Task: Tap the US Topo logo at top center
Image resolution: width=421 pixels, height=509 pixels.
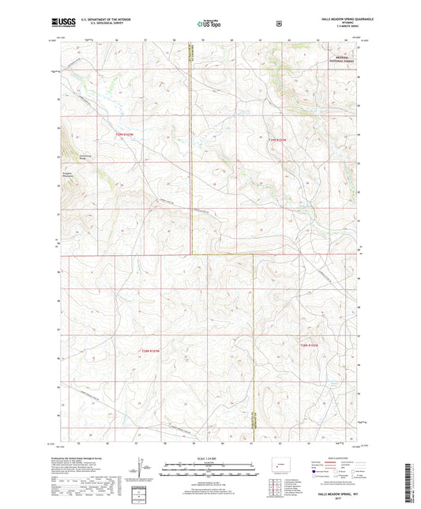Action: point(208,24)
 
